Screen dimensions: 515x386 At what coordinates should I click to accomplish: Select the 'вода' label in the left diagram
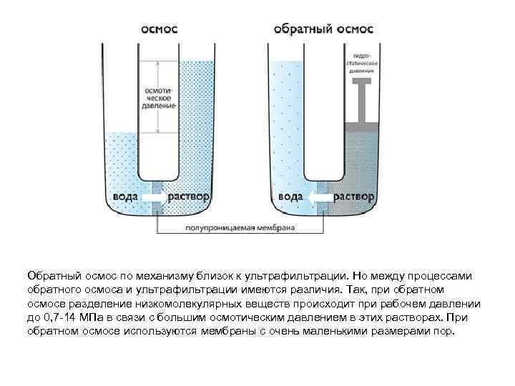pyautogui.click(x=124, y=195)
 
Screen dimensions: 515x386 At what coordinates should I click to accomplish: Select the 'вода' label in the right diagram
pyautogui.click(x=290, y=195)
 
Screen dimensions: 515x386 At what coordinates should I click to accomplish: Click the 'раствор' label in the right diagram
pyautogui.click(x=355, y=195)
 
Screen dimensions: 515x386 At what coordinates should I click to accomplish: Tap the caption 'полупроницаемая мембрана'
pyautogui.click(x=240, y=229)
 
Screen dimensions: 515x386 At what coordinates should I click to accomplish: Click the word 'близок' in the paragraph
pyautogui.click(x=215, y=276)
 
